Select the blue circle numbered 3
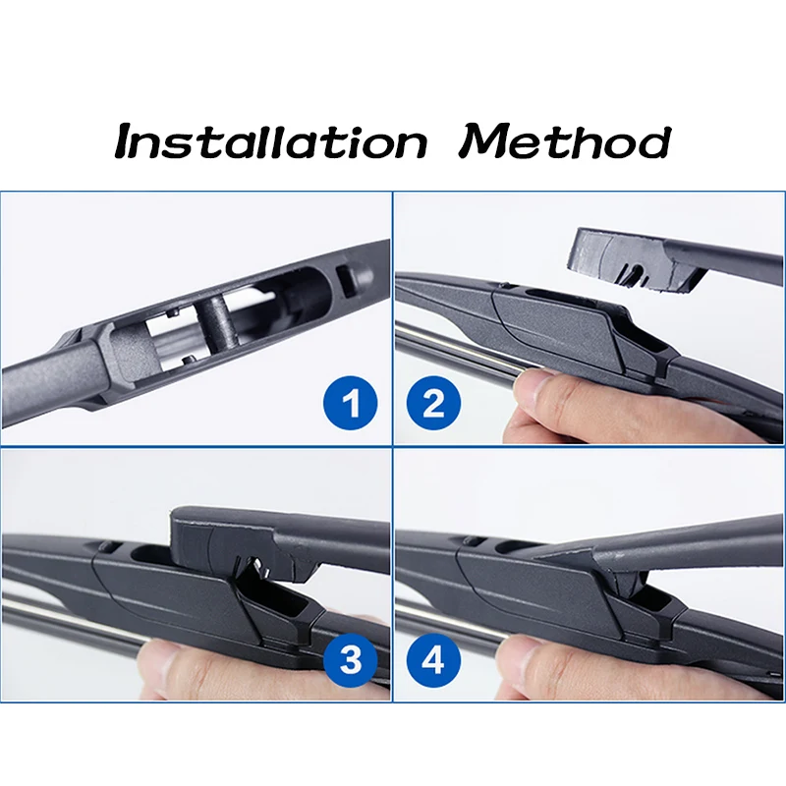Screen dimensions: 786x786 click(x=350, y=658)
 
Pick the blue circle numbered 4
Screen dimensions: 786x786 click(x=433, y=658)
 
